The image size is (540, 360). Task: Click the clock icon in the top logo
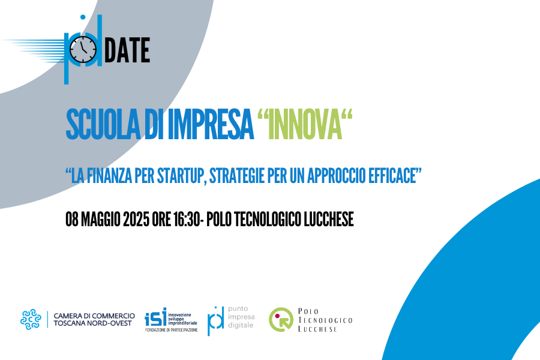click(x=83, y=50)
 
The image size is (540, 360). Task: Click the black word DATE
click(x=127, y=50)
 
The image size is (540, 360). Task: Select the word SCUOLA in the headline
click(x=103, y=124)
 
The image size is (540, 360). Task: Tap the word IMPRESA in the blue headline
click(x=211, y=124)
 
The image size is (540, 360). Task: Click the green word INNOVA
click(x=305, y=124)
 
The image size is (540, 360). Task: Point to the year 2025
click(x=136, y=219)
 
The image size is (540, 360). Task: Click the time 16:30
click(x=186, y=219)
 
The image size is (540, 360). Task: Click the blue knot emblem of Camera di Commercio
click(x=31, y=319)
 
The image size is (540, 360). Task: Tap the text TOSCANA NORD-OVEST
click(x=92, y=323)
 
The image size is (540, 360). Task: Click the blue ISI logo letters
click(x=155, y=317)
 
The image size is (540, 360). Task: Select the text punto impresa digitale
click(x=241, y=317)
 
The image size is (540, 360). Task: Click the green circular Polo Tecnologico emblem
click(x=281, y=320)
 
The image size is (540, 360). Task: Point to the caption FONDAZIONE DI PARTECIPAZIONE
click(x=172, y=330)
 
